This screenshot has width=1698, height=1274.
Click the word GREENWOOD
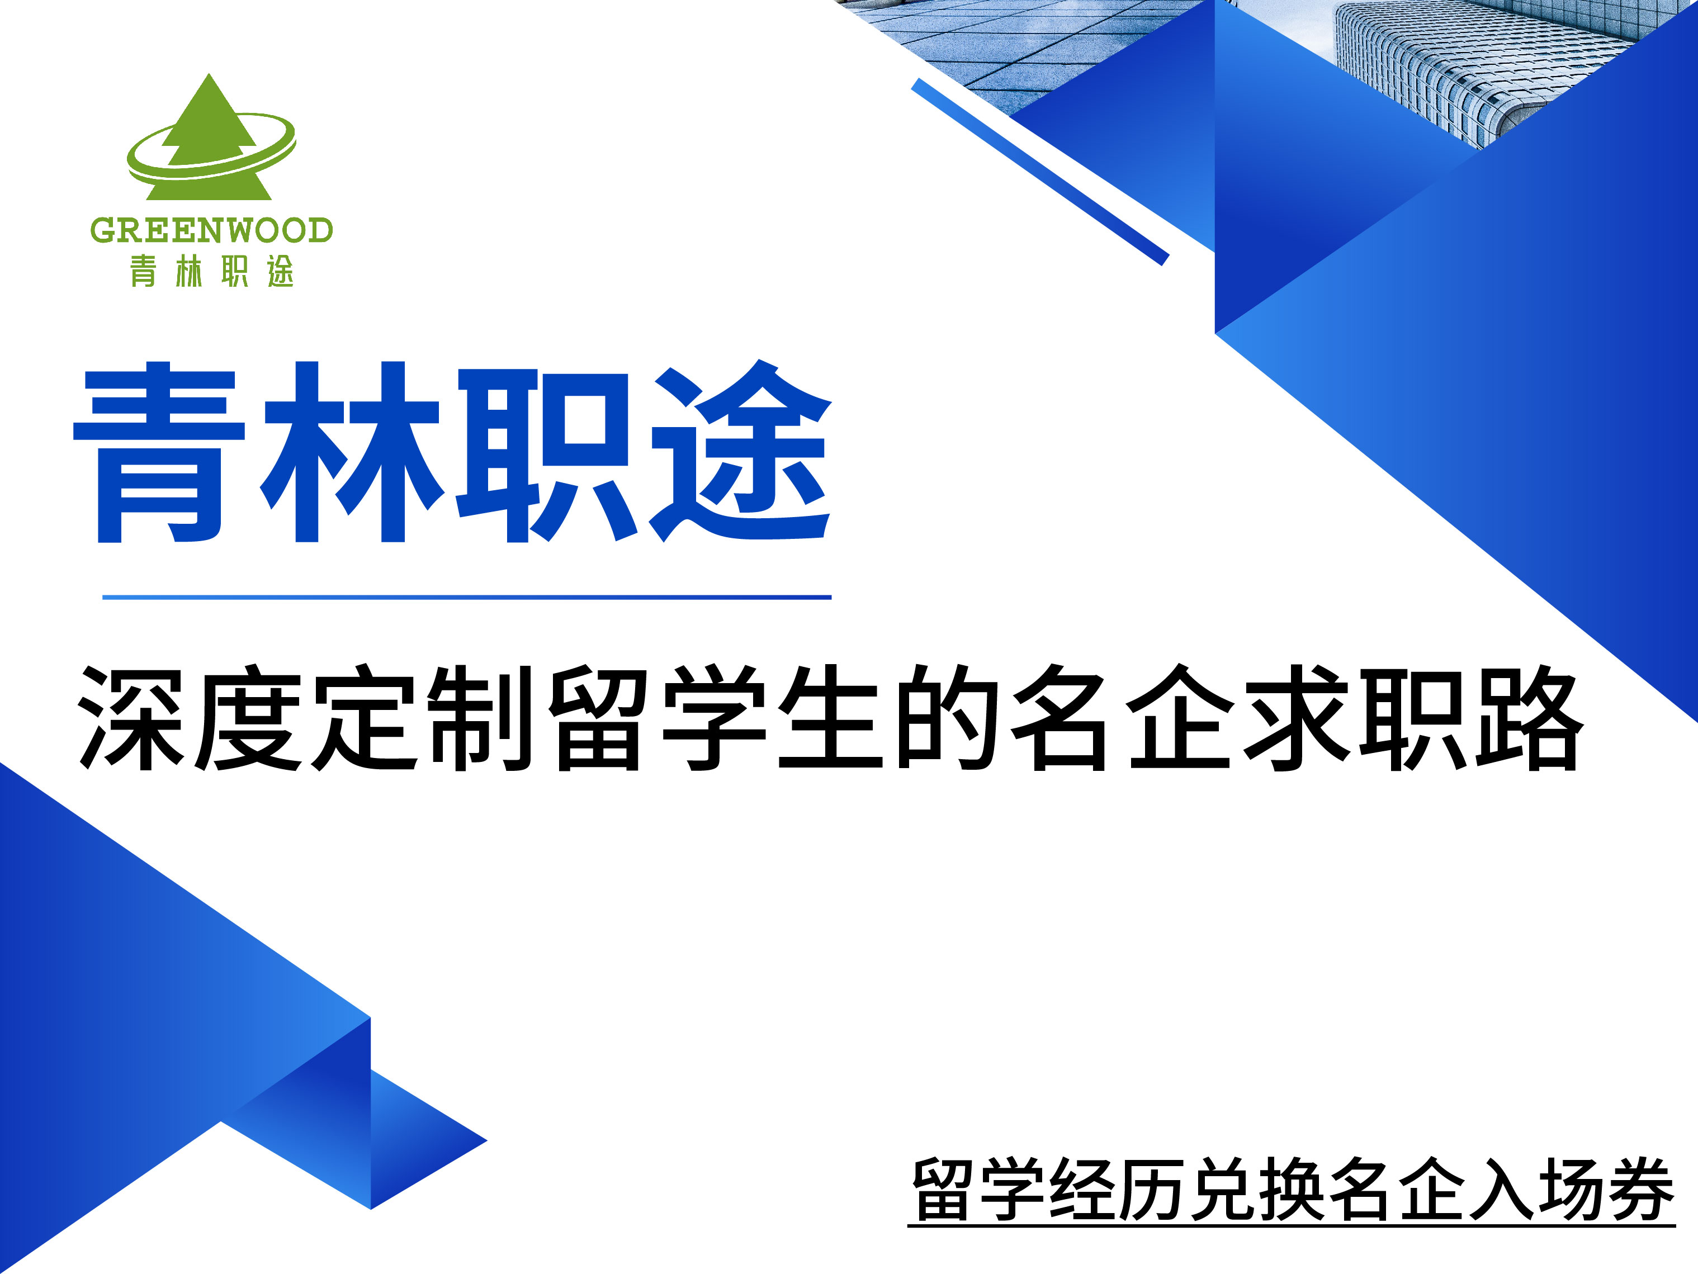tap(211, 230)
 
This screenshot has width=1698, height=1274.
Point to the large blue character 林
tap(352, 453)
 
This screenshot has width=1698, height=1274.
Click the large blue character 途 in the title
tap(741, 453)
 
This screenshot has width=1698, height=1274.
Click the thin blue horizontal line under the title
tap(467, 597)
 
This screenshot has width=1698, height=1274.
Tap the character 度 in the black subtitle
tap(248, 718)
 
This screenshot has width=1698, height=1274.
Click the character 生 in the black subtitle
tap(829, 718)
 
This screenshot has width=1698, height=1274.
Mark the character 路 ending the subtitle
tap(1527, 718)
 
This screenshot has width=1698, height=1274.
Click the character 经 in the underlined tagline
tap(1082, 1189)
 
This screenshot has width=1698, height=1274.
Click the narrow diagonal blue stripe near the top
tap(1040, 172)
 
